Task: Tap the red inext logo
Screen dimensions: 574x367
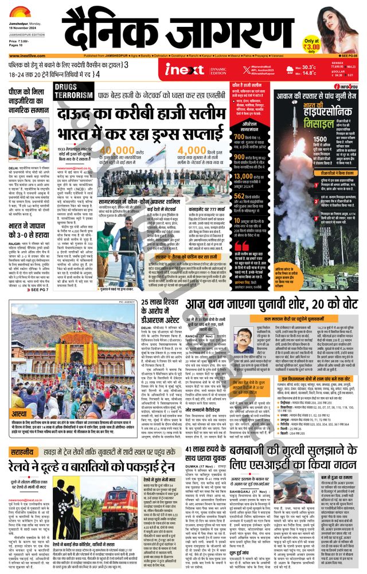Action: [176, 70]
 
